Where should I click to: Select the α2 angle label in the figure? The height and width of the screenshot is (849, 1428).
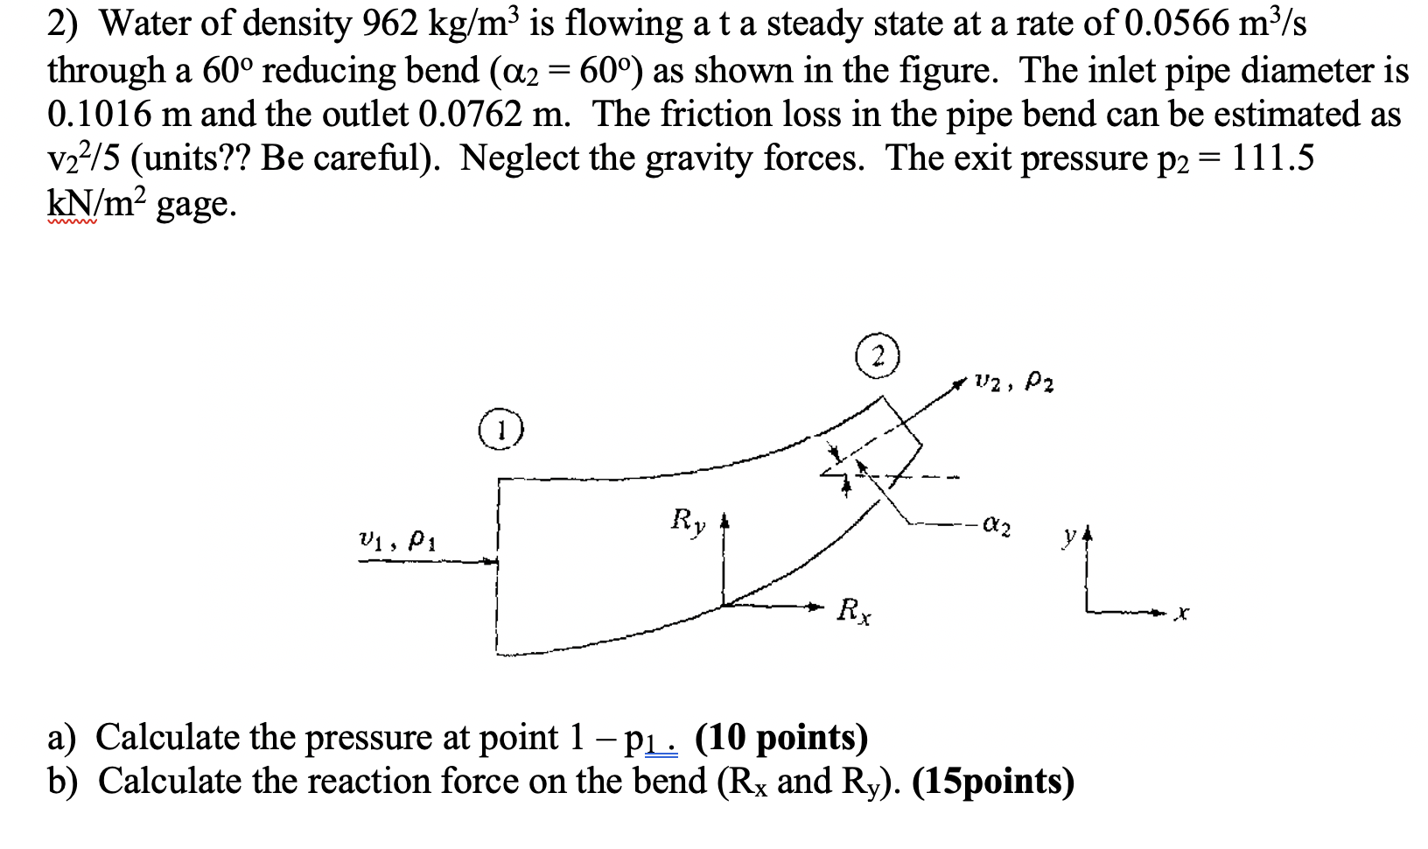tap(997, 529)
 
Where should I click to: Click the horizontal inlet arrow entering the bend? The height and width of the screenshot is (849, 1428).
tap(429, 561)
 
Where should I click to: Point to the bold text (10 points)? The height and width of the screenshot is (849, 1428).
tap(780, 737)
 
